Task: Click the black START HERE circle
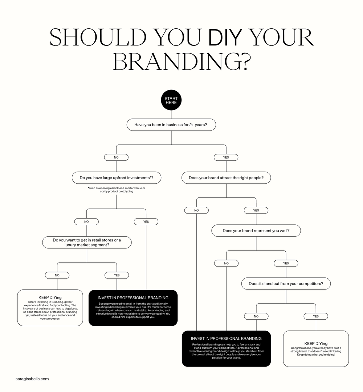click(171, 100)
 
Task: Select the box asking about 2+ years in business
click(171, 125)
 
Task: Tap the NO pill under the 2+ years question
click(116, 157)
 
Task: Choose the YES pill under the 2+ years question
click(226, 157)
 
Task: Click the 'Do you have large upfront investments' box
click(116, 178)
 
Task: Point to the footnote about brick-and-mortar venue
click(116, 189)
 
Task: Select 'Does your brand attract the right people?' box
click(226, 178)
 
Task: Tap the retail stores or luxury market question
click(87, 243)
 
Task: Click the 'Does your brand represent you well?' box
click(256, 231)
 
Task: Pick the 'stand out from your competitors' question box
click(286, 284)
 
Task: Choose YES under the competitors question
click(316, 316)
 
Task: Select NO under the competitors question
click(256, 316)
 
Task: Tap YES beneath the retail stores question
click(117, 275)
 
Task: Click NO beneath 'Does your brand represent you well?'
click(226, 263)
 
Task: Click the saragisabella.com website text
click(32, 379)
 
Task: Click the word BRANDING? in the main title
click(181, 61)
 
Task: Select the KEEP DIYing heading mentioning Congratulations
click(316, 343)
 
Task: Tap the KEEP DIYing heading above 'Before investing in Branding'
click(50, 297)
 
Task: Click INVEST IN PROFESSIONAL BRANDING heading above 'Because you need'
click(133, 298)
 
